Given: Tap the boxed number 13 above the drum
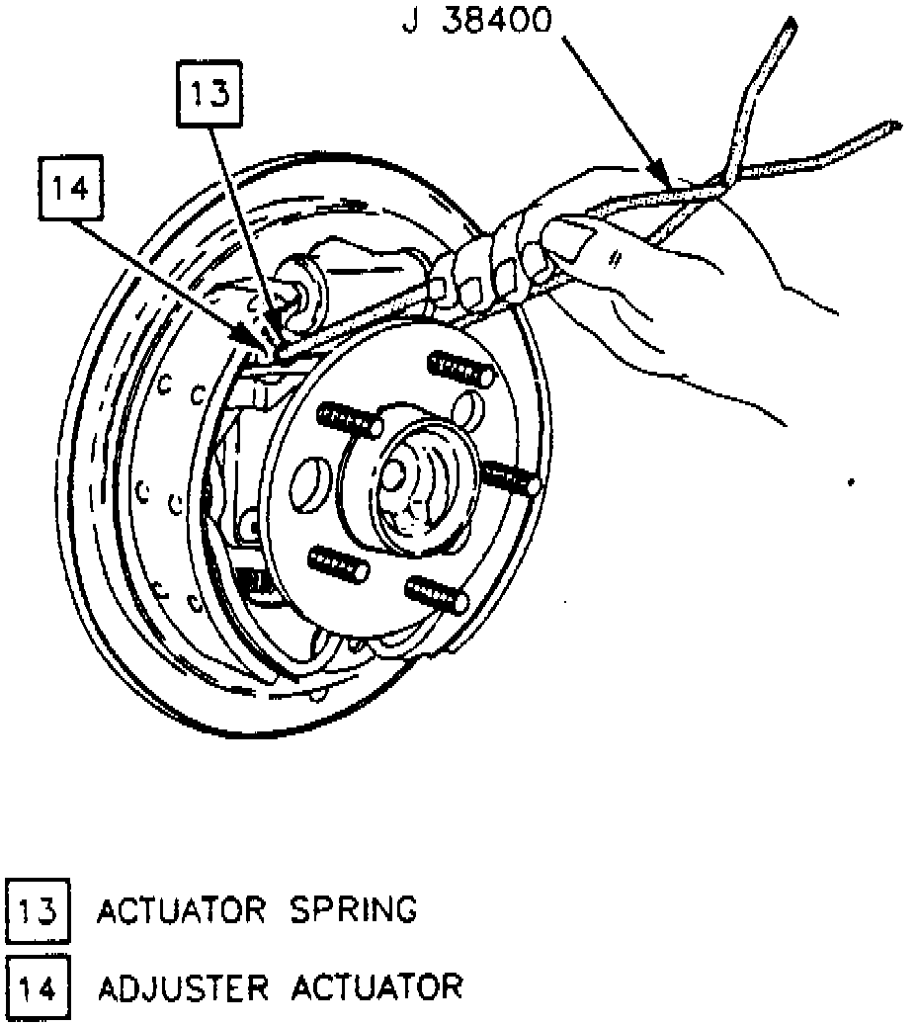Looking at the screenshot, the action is pos(209,95).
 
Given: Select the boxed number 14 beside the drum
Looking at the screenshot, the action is pos(71,187).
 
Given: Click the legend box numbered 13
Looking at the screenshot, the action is pos(38,908).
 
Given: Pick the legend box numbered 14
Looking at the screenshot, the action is pos(38,986).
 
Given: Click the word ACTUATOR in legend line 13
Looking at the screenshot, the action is pos(180,908).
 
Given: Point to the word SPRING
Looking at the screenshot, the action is pos(353,908).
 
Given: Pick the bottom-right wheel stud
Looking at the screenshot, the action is pos(435,593).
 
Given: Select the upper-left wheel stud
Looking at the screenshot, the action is pos(349,418).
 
